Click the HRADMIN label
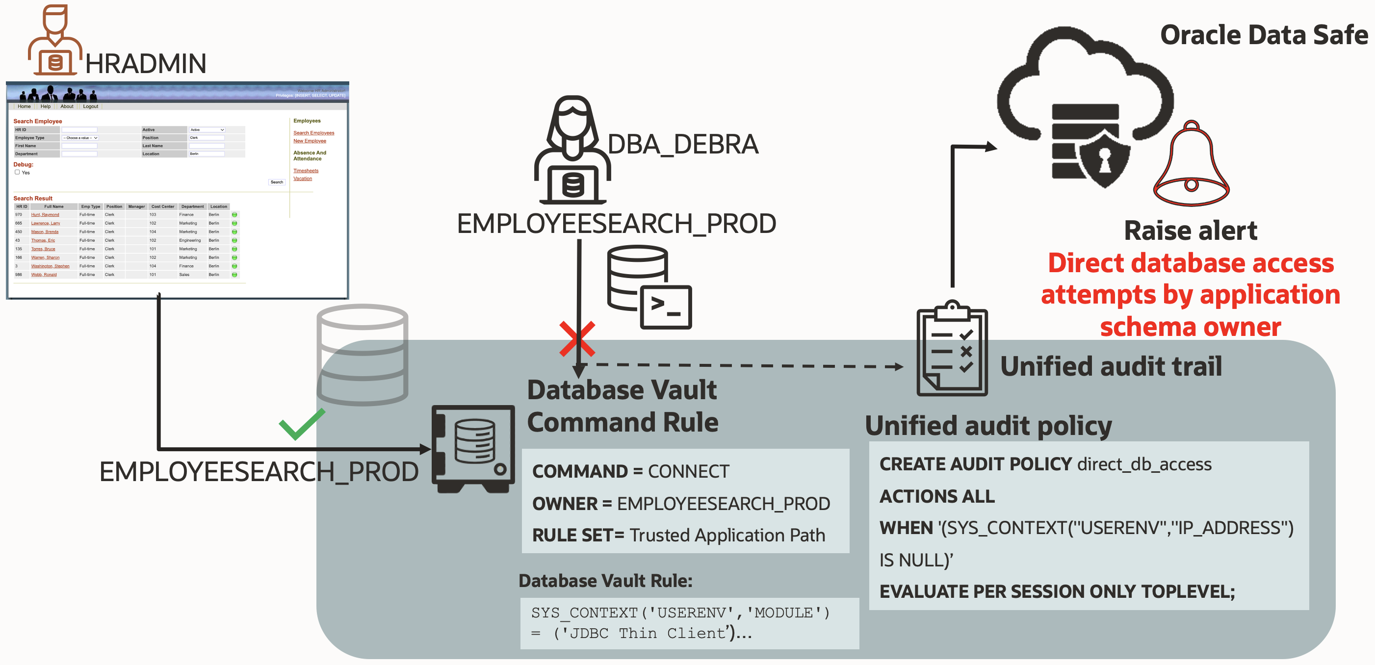145,64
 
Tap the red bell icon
1192,165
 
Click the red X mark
577,339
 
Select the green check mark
301,424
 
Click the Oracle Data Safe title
1264,35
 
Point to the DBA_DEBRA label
683,145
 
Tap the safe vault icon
473,448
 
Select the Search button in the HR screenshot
277,182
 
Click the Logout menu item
90,106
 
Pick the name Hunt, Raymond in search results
45,214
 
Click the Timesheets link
305,171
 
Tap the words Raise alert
1191,230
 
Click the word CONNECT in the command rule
688,471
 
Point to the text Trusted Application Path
727,535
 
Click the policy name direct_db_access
1144,464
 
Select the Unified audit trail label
1111,366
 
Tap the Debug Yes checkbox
17,173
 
